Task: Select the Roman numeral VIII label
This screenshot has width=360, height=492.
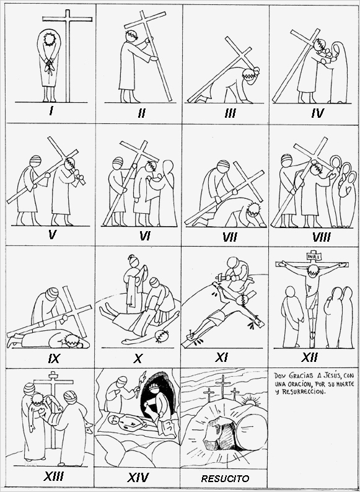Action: click(x=320, y=237)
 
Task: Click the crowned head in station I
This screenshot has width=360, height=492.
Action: click(x=48, y=40)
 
